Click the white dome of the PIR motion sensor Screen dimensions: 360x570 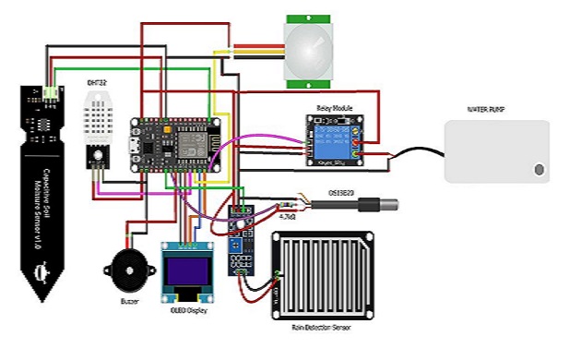310,49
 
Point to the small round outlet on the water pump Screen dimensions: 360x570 539,169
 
